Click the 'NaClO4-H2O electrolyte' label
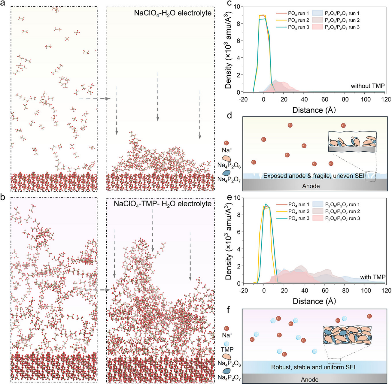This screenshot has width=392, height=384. click(173, 13)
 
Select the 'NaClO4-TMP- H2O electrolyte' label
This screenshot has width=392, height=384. click(163, 203)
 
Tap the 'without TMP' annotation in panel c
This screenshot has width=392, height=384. click(368, 86)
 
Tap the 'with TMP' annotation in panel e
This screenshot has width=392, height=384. click(373, 277)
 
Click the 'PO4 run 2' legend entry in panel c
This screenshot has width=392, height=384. click(298, 20)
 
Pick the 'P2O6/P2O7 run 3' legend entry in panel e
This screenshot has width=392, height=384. click(342, 218)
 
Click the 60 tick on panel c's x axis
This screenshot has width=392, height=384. click(325, 99)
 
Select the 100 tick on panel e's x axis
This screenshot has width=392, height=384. click(366, 290)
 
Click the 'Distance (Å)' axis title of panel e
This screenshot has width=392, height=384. click(314, 301)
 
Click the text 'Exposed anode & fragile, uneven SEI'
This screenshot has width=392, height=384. click(314, 175)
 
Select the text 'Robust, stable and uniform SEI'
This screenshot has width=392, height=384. click(313, 367)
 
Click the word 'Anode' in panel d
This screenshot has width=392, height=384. click(311, 186)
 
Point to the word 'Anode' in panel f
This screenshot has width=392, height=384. click(309, 379)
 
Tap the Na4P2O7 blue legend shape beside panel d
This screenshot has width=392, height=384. click(227, 173)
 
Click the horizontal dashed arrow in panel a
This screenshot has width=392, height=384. click(94, 99)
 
